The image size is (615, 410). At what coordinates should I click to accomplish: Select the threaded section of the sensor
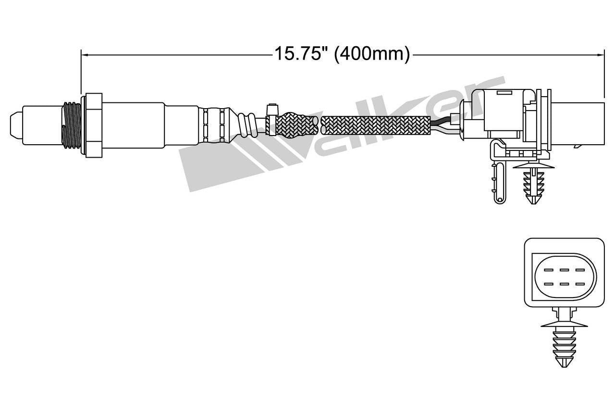click(72, 124)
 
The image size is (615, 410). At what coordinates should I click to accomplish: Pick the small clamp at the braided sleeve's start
click(271, 120)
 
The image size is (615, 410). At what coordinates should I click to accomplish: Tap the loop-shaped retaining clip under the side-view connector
click(499, 180)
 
